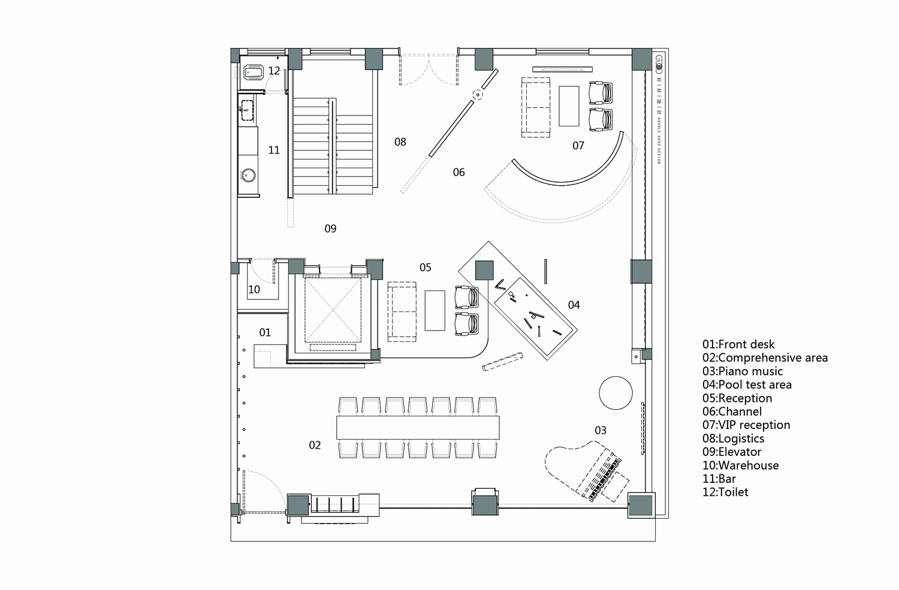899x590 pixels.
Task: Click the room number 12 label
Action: tap(274, 71)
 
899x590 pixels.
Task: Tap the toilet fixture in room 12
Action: tap(254, 73)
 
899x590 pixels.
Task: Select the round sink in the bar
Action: tap(248, 176)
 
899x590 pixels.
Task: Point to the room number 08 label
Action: tap(400, 142)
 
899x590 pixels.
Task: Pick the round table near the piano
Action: tap(616, 393)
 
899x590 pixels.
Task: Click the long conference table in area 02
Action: tap(418, 428)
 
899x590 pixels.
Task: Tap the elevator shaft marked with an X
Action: tap(333, 309)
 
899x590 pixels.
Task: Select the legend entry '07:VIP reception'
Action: tap(746, 425)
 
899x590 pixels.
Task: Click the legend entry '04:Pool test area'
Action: tap(747, 385)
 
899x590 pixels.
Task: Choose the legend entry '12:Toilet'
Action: tap(725, 492)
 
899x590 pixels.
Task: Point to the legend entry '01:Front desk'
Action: tap(738, 344)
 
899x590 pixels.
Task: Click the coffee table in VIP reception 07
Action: tap(569, 106)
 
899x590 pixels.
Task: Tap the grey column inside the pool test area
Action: tap(484, 270)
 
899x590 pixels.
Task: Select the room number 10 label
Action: tap(254, 289)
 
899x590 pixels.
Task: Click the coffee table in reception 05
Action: tap(435, 310)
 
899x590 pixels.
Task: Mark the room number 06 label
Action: tap(459, 173)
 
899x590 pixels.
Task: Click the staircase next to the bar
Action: tap(333, 147)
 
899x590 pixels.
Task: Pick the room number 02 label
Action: tap(315, 445)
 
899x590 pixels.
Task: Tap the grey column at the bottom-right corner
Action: tap(641, 505)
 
